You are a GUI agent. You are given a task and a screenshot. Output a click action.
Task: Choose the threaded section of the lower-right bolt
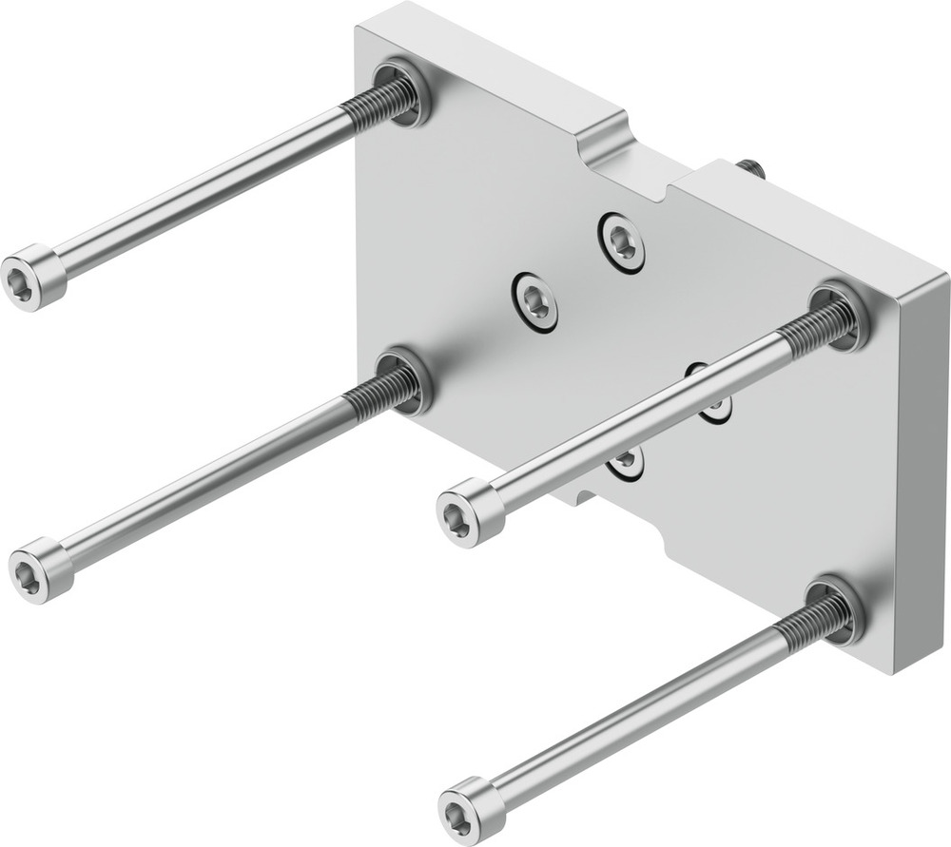pos(813,625)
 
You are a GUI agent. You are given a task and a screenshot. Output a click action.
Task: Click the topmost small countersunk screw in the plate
pos(622,241)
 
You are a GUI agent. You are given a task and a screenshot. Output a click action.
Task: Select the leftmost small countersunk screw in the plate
pos(534,301)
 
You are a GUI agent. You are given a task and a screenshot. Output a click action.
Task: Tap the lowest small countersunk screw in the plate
pos(625,462)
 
